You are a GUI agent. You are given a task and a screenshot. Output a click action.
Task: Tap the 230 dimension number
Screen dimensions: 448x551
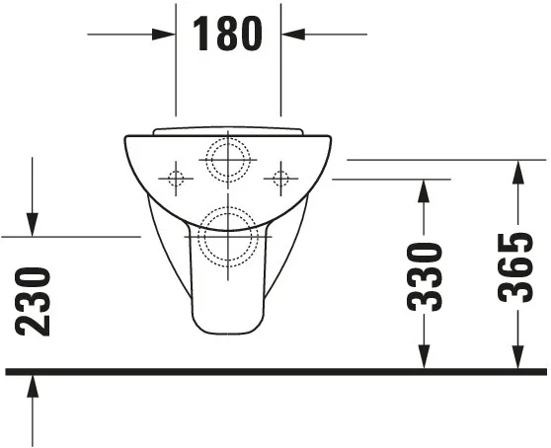(35, 301)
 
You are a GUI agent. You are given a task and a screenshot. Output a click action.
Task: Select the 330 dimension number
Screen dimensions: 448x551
(425, 276)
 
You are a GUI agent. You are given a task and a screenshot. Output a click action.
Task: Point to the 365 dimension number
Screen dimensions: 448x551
(516, 266)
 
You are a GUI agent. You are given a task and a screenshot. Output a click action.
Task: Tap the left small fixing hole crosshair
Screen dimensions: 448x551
(176, 179)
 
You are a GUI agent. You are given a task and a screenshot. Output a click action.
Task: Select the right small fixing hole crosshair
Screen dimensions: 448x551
(280, 179)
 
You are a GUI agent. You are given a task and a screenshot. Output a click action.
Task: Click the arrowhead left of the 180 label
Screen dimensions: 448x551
(168, 34)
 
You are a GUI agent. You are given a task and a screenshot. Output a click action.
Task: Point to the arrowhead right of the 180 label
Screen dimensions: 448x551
(289, 34)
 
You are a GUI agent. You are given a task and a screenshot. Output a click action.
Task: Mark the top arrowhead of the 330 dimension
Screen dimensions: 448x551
(425, 188)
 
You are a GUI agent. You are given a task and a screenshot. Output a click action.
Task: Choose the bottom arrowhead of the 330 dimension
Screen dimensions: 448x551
(425, 361)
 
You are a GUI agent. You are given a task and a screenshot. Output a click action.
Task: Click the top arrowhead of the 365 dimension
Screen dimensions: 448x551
(516, 169)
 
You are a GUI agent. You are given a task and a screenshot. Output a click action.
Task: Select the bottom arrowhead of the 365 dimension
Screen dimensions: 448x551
(516, 361)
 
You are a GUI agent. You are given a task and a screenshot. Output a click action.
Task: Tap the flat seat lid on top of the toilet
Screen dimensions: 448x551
(228, 130)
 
